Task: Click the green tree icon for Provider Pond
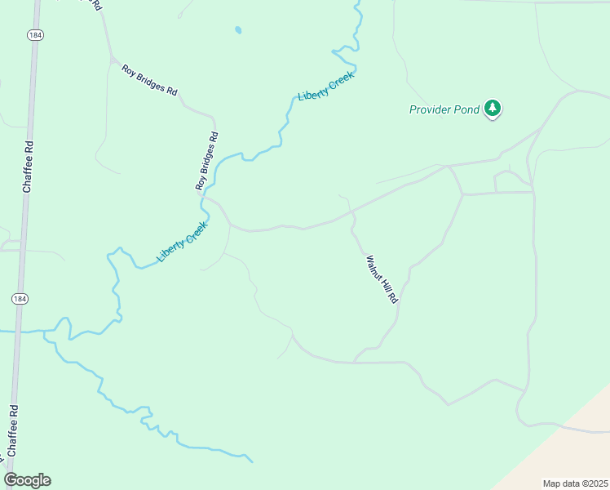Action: (x=492, y=108)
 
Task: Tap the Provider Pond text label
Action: (x=445, y=109)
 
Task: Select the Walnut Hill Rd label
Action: (x=381, y=279)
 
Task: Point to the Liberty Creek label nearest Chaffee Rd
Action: (x=183, y=242)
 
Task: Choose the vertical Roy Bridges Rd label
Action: (x=207, y=162)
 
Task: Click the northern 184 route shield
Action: (x=33, y=35)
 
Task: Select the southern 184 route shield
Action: (x=19, y=300)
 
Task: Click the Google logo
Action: (x=27, y=480)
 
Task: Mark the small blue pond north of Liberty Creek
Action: (x=238, y=30)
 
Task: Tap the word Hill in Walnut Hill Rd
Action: (x=382, y=281)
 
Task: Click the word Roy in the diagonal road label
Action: (x=127, y=69)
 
